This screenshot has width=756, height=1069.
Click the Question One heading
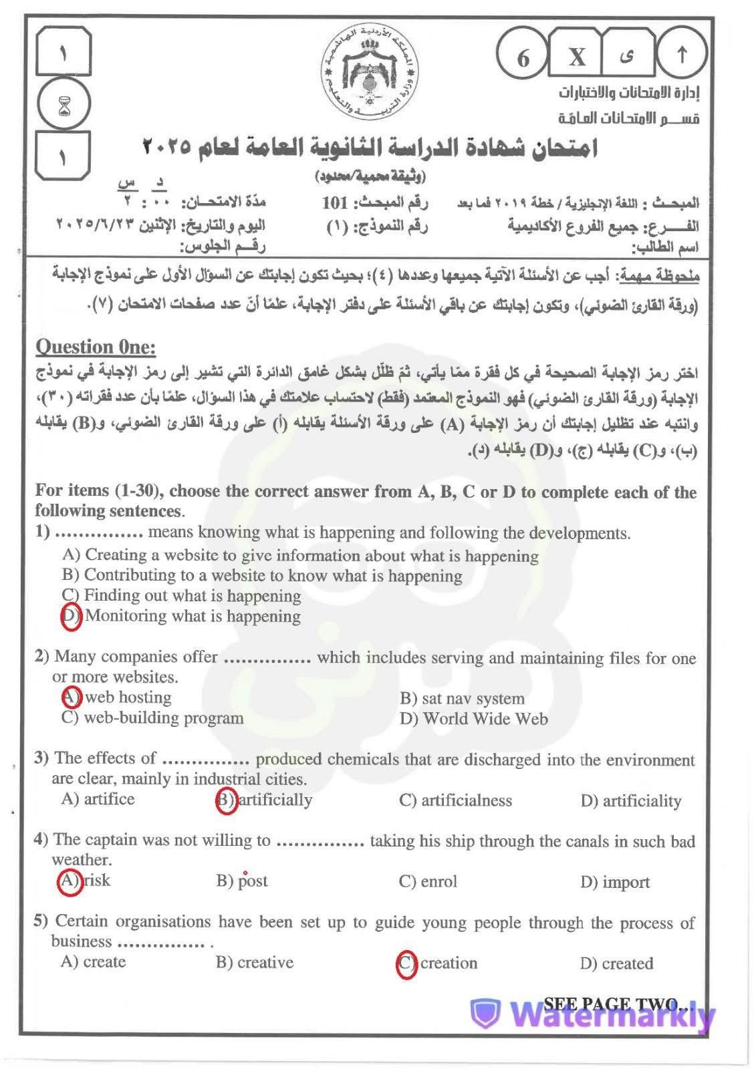coord(95,347)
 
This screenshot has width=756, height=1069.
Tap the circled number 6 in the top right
coord(523,57)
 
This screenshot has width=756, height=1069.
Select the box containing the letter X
coord(576,57)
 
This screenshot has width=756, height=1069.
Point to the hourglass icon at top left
coord(64,105)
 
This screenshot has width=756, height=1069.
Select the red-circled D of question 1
coord(71,616)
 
